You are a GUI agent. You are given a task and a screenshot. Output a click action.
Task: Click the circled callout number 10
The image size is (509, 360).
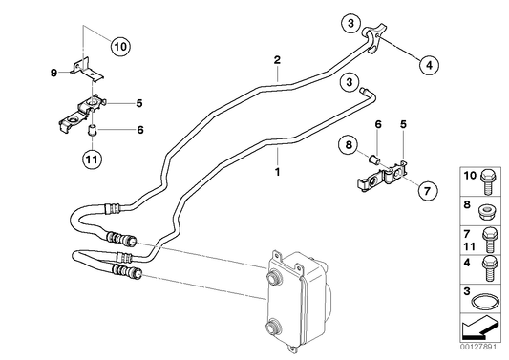click(x=119, y=45)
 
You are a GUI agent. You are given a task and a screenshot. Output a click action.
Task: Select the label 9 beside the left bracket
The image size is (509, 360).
click(x=53, y=70)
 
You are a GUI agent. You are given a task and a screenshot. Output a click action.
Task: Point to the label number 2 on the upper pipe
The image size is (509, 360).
click(x=277, y=61)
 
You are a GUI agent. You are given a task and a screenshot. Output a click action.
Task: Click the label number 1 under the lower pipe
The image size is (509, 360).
click(x=277, y=174)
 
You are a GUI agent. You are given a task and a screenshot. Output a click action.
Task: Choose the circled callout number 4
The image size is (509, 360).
click(x=428, y=64)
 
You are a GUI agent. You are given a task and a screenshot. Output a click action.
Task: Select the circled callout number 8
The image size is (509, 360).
click(x=350, y=145)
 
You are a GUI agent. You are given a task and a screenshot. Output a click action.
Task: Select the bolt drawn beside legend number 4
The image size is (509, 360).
click(x=489, y=268)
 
